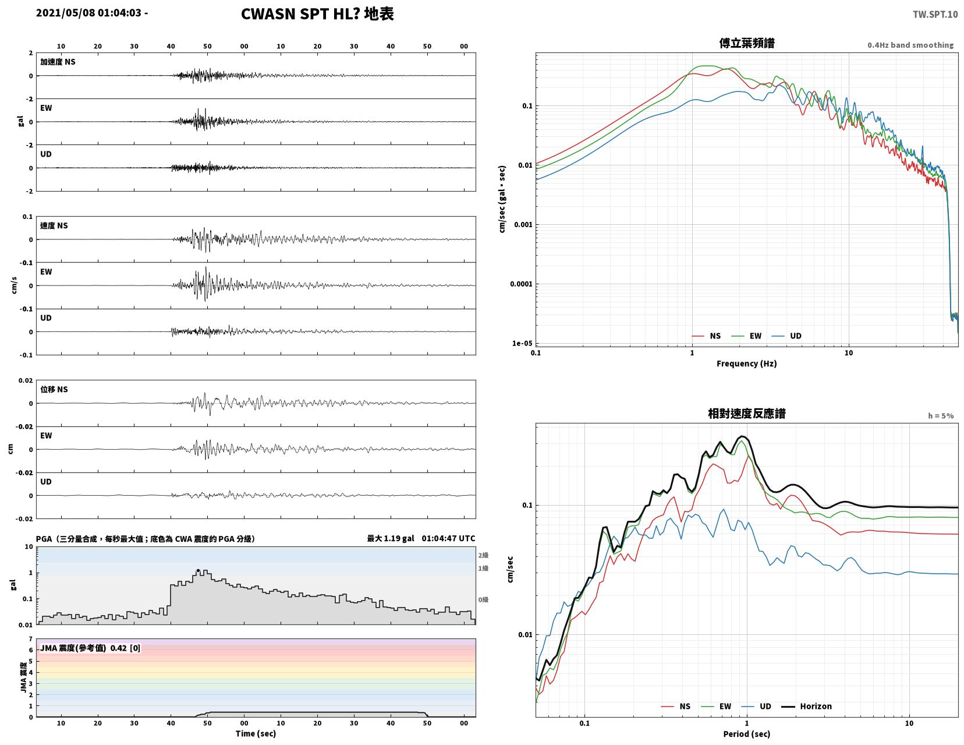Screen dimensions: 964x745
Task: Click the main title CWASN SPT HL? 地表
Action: pyautogui.click(x=317, y=14)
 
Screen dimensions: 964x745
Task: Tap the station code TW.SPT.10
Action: pyautogui.click(x=935, y=15)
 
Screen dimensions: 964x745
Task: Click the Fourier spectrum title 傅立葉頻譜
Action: pyautogui.click(x=746, y=43)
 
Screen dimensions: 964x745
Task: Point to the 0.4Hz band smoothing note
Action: pyautogui.click(x=910, y=45)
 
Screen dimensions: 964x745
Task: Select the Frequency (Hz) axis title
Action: pyautogui.click(x=746, y=363)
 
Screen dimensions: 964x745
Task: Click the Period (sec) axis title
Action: pyautogui.click(x=746, y=733)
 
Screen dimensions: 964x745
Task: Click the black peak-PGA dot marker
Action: pyautogui.click(x=198, y=571)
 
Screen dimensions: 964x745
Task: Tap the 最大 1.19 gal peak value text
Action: pyautogui.click(x=391, y=538)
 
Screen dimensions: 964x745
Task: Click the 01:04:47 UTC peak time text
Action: pyautogui.click(x=448, y=538)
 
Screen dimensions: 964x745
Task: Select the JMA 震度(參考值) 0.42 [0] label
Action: pyautogui.click(x=90, y=648)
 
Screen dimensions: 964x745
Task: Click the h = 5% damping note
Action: pyautogui.click(x=941, y=416)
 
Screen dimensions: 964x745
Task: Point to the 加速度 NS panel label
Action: pyautogui.click(x=58, y=62)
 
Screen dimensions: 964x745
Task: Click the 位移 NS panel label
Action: pyautogui.click(x=54, y=389)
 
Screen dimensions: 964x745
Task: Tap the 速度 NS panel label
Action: pyautogui.click(x=54, y=225)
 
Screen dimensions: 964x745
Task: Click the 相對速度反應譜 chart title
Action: pyautogui.click(x=746, y=414)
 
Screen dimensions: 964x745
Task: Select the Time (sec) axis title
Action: pyautogui.click(x=256, y=733)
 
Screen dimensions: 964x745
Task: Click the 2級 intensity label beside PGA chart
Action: pyautogui.click(x=483, y=555)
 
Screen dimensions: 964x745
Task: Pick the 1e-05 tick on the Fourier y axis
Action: pyautogui.click(x=522, y=343)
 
